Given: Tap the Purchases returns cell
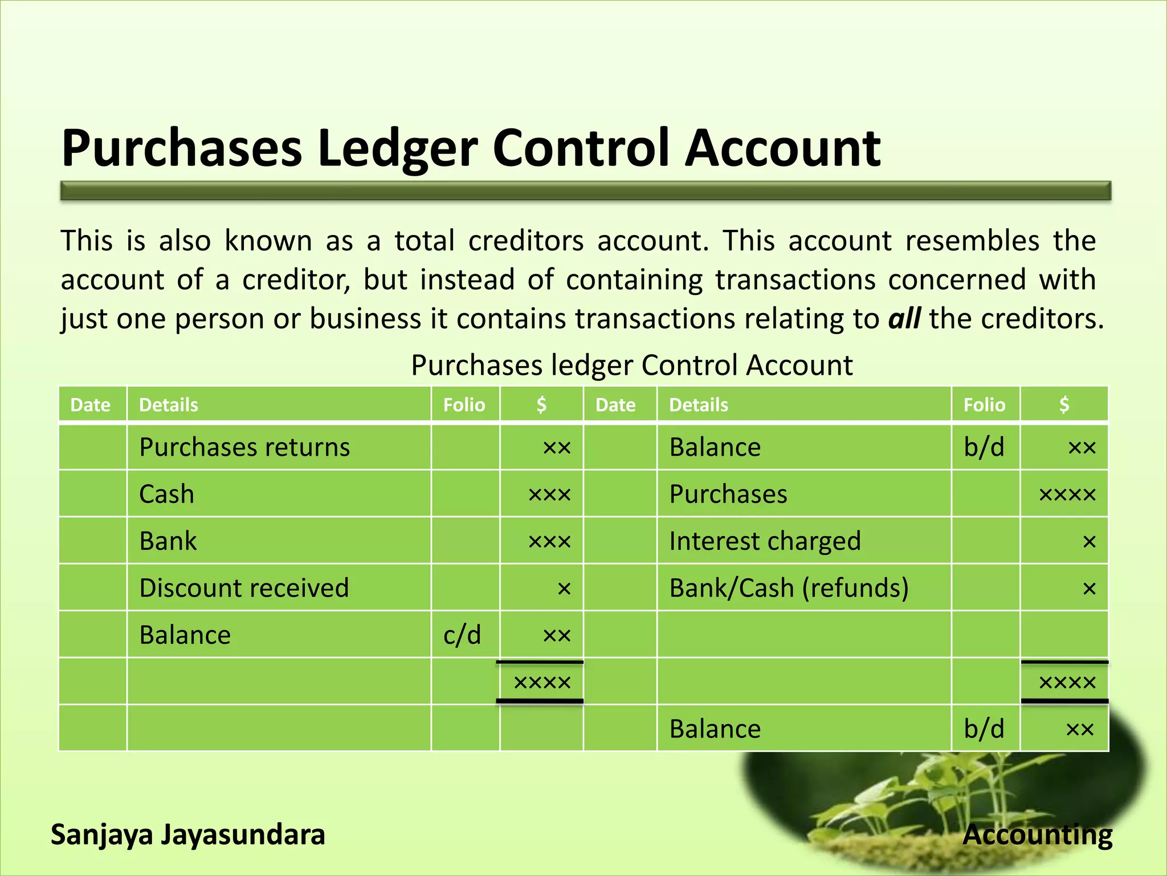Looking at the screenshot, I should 244,447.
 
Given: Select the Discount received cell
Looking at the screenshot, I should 244,588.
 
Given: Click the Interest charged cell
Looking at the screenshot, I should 765,541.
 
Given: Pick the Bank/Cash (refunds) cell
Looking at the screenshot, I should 789,588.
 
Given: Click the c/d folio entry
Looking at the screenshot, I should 462,635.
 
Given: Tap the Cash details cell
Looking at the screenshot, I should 167,494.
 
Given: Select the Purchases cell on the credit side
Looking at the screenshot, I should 728,494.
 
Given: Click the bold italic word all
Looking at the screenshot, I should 904,318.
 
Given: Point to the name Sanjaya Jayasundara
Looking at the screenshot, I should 188,835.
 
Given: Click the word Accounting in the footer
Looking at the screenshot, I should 1037,835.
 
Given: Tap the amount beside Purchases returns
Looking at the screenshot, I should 556,448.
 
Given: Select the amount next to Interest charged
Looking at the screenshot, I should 1089,541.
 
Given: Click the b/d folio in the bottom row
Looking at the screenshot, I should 984,729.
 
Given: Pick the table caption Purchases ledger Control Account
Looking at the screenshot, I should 632,365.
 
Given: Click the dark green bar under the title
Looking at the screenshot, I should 585,191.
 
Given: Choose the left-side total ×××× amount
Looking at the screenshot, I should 542,682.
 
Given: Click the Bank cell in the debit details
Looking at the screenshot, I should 168,541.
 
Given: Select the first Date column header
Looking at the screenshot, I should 90,405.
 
